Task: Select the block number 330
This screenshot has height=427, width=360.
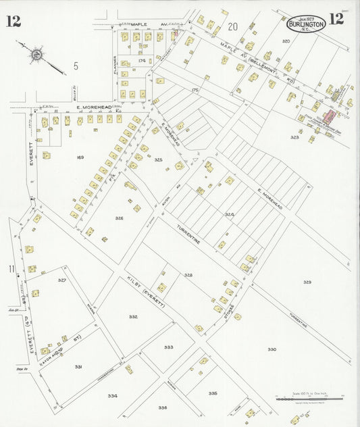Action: (272, 349)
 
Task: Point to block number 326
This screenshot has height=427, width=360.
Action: (119, 218)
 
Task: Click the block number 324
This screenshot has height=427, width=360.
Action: (230, 214)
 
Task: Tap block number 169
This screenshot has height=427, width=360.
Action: (80, 157)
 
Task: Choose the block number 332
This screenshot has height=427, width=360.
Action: (133, 316)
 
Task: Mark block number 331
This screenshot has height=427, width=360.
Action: (78, 366)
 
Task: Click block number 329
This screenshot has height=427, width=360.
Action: (307, 282)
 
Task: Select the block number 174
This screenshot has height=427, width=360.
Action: (140, 61)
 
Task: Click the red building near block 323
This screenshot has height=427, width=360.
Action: (330, 117)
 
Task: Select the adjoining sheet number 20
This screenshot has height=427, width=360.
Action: (234, 27)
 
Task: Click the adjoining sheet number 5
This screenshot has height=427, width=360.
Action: (76, 66)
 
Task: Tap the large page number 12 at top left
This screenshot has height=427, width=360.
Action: (13, 21)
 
